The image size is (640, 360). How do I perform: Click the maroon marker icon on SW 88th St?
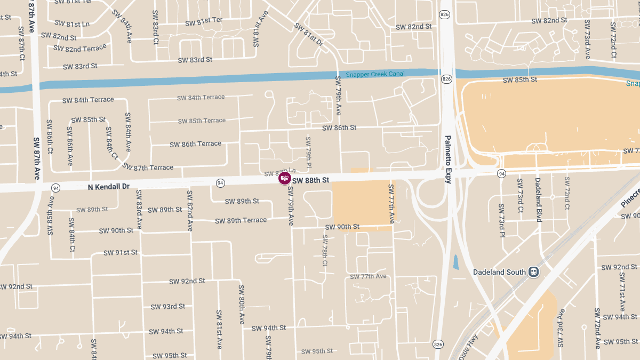(x=285, y=178)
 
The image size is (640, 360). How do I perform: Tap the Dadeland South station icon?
(x=534, y=271)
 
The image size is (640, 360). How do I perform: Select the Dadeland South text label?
(x=499, y=272)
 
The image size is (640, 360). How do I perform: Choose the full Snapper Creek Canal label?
(x=375, y=74)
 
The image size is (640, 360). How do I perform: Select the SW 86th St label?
(x=339, y=128)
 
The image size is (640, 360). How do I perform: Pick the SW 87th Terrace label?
(x=148, y=167)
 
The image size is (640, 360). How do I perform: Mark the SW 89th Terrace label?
(x=241, y=220)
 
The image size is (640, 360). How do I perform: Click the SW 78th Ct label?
(x=324, y=250)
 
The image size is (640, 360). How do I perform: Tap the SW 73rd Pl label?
(x=502, y=220)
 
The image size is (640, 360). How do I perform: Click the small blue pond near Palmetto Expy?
(x=455, y=262)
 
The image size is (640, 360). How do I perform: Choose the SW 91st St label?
(x=120, y=252)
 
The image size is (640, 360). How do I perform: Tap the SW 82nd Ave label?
(x=189, y=211)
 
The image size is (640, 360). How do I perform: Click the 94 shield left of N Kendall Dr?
(x=55, y=188)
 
